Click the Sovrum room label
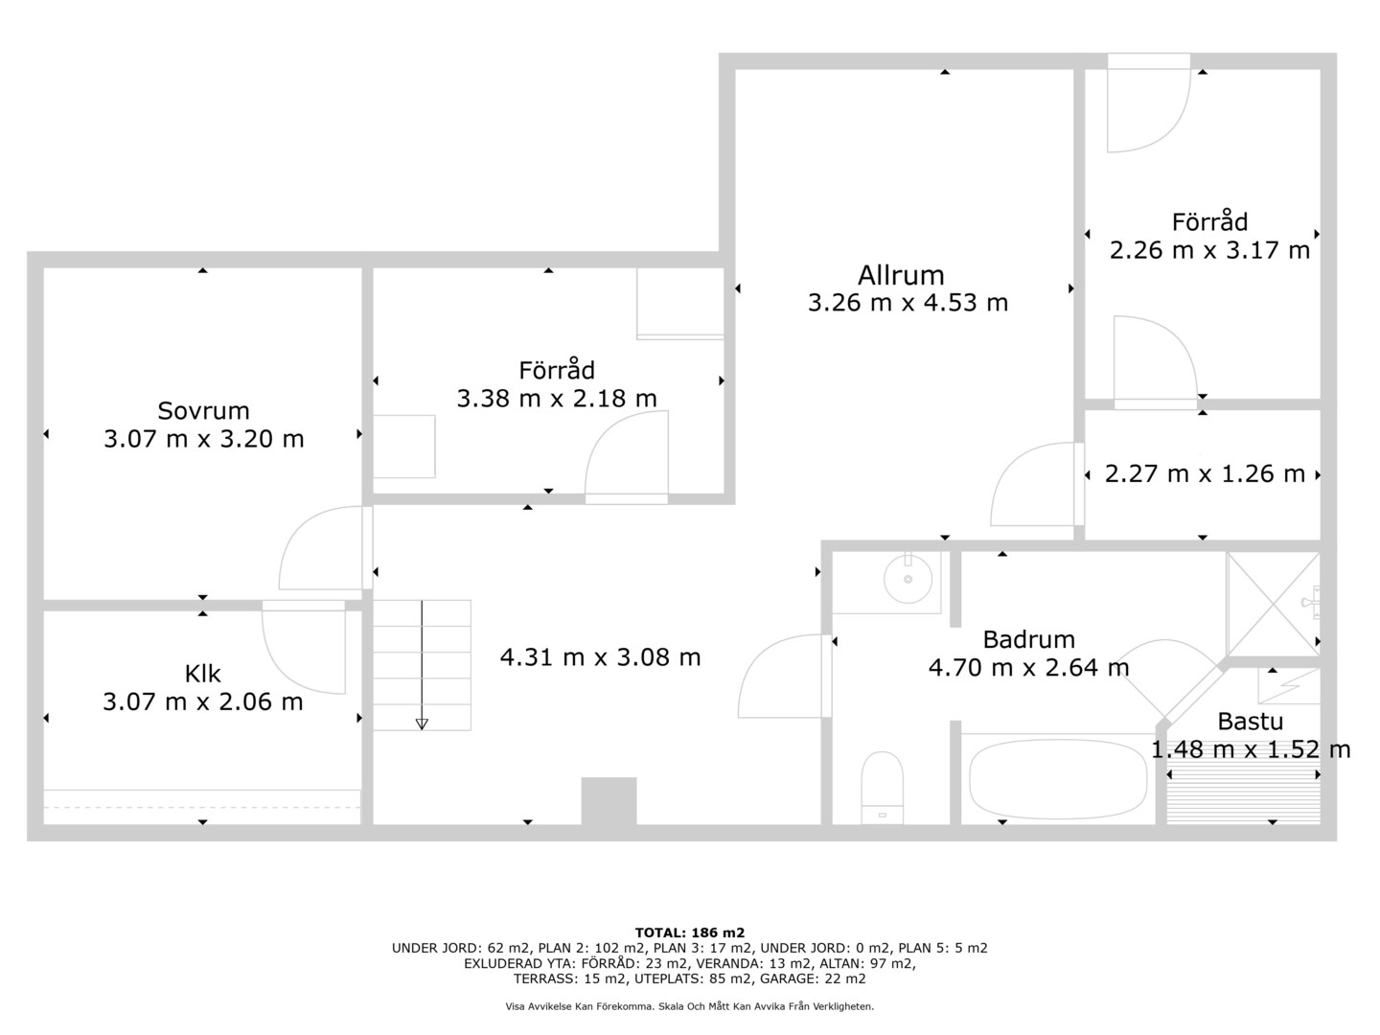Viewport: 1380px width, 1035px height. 203,410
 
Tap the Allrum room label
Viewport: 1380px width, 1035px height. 901,275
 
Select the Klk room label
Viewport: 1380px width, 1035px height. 202,674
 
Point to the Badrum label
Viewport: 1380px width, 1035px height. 1028,639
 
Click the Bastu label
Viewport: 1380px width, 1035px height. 1250,722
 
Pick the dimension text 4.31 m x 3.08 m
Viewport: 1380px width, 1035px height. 600,657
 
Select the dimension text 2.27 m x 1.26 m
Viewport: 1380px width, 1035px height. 1205,473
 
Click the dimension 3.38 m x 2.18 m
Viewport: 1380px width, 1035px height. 557,399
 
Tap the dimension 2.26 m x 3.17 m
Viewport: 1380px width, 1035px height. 1209,250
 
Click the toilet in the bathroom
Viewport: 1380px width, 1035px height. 882,788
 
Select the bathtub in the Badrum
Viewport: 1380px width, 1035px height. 1058,779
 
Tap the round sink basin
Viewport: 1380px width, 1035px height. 908,579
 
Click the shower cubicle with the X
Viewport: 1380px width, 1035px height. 1273,604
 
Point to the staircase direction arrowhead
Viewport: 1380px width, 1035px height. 422,724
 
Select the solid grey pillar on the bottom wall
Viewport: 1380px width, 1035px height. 609,800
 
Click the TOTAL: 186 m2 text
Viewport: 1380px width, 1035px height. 690,932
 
